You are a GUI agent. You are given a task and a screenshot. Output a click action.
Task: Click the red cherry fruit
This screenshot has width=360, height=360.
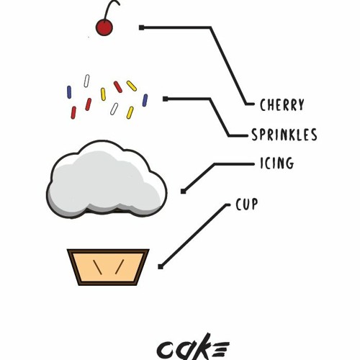click(x=104, y=27)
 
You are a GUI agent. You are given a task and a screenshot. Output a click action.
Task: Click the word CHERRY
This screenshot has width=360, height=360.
click(x=282, y=105)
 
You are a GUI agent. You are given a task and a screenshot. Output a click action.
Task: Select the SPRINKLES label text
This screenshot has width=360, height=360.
click(x=284, y=135)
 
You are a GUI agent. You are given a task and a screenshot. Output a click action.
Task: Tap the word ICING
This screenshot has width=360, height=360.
click(x=277, y=163)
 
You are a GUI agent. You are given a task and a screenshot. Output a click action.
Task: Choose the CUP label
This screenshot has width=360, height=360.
click(x=247, y=204)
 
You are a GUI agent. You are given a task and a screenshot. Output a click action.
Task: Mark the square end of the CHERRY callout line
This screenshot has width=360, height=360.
click(x=142, y=27)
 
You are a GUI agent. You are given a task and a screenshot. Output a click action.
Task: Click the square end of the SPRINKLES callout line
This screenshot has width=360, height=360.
click(x=166, y=99)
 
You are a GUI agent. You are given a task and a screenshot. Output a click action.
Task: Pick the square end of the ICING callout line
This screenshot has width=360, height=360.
click(x=183, y=192)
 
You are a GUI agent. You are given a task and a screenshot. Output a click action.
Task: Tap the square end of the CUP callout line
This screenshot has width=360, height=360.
click(x=161, y=266)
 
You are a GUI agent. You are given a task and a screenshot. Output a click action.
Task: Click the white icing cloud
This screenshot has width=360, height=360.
click(x=107, y=179)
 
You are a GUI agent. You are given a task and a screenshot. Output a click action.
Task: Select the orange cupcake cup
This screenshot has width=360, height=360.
click(x=108, y=267)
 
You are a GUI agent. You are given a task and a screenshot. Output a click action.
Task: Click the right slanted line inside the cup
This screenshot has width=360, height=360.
click(x=120, y=266)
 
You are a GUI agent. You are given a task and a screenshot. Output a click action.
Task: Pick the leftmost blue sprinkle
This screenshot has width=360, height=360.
click(x=69, y=92)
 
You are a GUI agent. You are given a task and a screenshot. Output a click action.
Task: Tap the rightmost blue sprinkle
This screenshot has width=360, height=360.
click(x=145, y=100)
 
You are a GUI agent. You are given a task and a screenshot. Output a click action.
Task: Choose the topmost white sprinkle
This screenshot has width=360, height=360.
click(x=86, y=81)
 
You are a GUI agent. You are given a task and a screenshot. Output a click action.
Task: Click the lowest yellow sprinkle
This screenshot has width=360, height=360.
click(x=130, y=112)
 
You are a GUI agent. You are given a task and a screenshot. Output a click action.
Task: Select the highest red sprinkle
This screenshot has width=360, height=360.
click(x=118, y=87)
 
